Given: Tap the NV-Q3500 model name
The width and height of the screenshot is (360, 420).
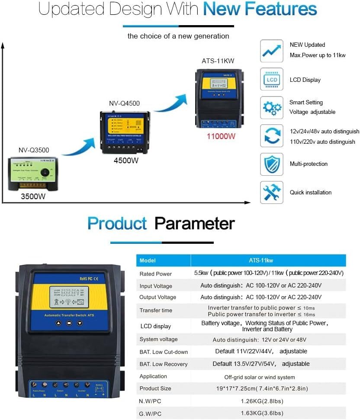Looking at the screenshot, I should [34, 150].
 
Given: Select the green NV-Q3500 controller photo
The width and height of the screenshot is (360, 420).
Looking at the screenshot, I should [33, 174].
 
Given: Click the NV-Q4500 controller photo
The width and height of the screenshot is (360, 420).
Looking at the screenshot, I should [125, 132].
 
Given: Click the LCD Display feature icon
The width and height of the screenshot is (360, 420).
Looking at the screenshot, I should [271, 80].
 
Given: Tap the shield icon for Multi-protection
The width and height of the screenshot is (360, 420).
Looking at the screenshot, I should [271, 164].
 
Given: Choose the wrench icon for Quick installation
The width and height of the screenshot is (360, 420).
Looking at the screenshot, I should [271, 192].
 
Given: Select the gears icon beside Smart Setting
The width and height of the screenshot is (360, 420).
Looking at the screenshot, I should [271, 107].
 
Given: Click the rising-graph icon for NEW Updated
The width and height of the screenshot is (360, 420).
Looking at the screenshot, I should [271, 51].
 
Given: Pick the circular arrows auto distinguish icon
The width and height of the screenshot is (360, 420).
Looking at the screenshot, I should [271, 136].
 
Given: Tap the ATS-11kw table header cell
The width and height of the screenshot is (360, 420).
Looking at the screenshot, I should [268, 261].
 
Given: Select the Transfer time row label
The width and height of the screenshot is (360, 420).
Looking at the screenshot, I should [156, 310].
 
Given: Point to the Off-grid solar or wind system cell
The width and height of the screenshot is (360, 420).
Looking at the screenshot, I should [260, 377].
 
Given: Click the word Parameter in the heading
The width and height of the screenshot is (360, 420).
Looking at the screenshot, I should [195, 223].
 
